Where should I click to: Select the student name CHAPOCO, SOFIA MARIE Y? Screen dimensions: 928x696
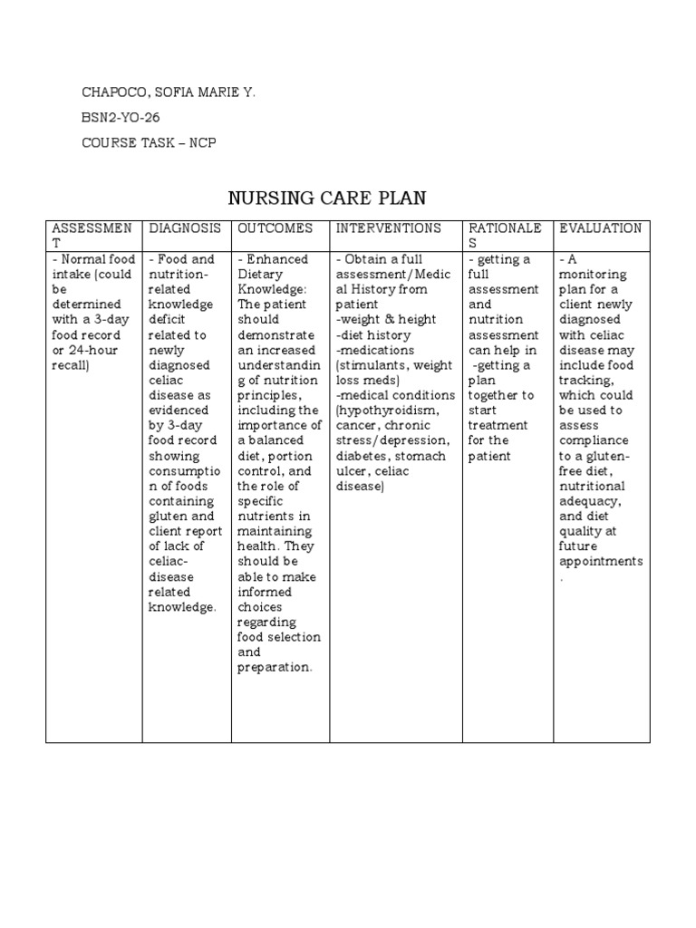[168, 92]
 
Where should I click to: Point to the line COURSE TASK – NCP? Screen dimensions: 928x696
[149, 143]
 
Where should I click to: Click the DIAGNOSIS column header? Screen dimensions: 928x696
[186, 228]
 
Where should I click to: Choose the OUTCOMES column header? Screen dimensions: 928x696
[275, 228]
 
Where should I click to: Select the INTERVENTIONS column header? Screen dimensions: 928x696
[389, 228]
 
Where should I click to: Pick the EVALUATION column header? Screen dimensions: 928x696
[601, 228]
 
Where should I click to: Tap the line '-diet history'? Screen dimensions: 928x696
[372, 335]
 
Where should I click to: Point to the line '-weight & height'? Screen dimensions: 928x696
[385, 320]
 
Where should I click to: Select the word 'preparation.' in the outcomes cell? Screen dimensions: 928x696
[275, 668]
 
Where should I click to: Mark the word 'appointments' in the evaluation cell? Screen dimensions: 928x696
[601, 561]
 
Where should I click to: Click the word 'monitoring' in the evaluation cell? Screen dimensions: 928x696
[593, 275]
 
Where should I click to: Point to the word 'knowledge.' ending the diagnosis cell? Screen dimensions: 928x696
[182, 607]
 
